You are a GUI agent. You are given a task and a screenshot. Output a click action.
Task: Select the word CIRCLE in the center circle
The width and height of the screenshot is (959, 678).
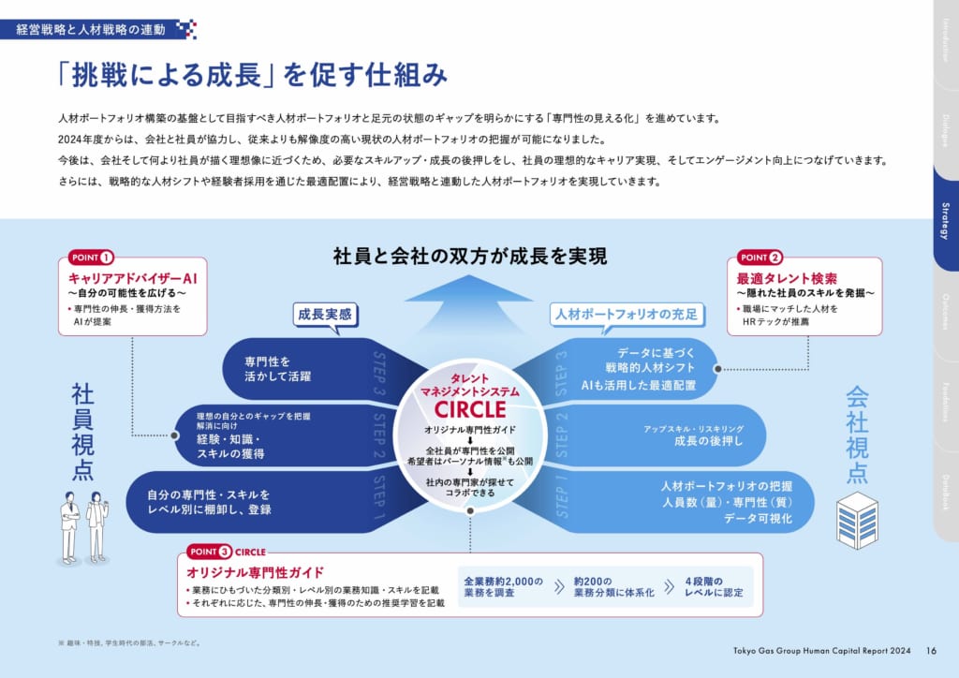tap(470, 410)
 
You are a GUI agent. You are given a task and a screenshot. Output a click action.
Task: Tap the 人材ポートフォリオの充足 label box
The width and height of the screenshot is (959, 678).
tap(626, 315)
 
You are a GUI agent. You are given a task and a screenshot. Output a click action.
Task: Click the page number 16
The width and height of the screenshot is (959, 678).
tap(931, 650)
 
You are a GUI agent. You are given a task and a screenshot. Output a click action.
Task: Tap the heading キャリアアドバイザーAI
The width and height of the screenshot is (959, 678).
tap(131, 278)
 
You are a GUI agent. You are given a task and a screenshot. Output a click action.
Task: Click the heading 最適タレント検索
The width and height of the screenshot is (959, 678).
tap(787, 278)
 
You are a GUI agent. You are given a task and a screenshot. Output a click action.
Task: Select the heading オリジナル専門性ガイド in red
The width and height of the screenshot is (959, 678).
tap(256, 571)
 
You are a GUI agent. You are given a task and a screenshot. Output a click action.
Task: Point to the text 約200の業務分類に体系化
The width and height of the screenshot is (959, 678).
tap(608, 587)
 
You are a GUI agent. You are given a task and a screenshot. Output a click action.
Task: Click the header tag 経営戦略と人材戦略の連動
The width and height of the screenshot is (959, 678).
tap(91, 30)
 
